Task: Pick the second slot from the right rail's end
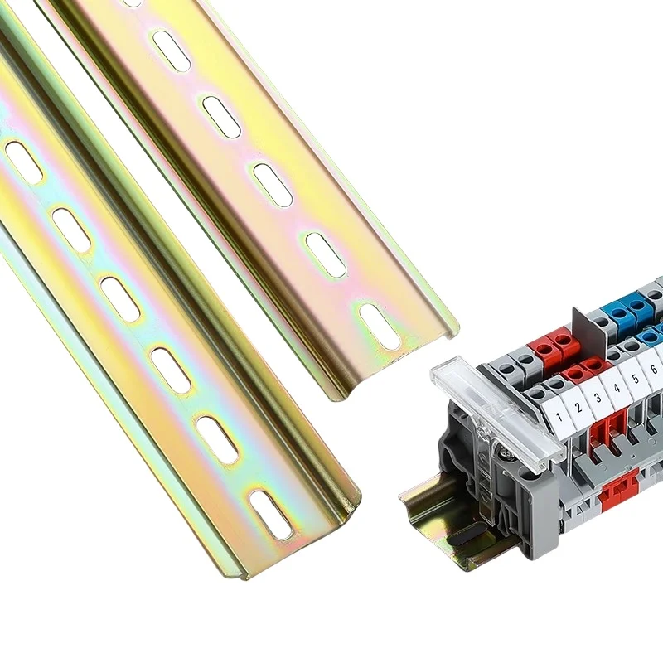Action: click(x=326, y=254)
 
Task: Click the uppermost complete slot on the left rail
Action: click(x=24, y=162)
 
